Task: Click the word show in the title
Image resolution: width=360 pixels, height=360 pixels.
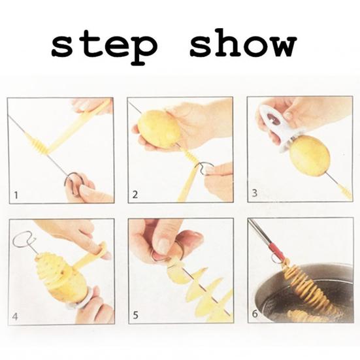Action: (243, 42)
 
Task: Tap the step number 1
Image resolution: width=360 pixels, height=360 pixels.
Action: (16, 195)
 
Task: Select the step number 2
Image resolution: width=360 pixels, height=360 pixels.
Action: (135, 195)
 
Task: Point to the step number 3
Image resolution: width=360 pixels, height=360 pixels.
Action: (254, 193)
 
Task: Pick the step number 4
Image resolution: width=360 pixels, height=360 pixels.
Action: (15, 317)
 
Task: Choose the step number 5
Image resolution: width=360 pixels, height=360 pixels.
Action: (135, 315)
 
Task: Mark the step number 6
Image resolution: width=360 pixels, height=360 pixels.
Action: (255, 314)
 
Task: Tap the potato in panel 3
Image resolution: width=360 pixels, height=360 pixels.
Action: (310, 155)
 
